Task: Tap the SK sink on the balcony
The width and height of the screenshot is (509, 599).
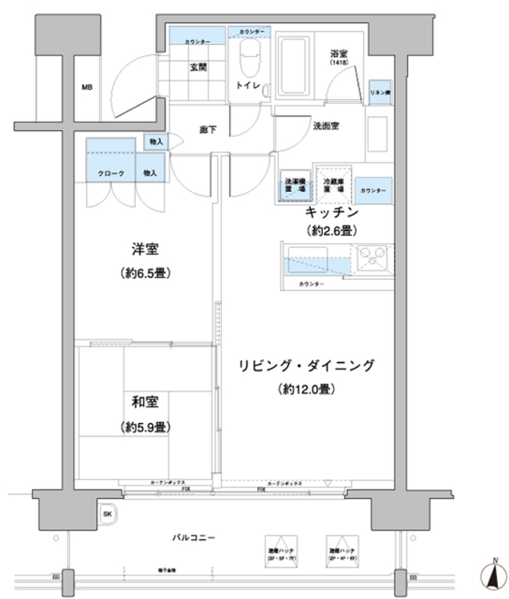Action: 108,514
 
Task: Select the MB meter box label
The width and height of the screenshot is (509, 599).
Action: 87,87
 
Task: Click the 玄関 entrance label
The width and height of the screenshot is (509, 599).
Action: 198,67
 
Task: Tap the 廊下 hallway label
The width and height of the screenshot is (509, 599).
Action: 207,129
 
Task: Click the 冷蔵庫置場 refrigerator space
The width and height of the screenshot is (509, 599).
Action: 334,185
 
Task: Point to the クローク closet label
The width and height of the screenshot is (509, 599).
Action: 111,173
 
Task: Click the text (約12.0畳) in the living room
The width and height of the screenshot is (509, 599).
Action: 306,390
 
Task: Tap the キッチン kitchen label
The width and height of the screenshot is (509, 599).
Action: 331,213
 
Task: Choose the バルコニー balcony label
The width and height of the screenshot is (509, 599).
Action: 193,538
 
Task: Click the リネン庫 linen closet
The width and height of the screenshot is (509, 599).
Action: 380,91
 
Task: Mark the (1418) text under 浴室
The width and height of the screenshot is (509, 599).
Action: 337,63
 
